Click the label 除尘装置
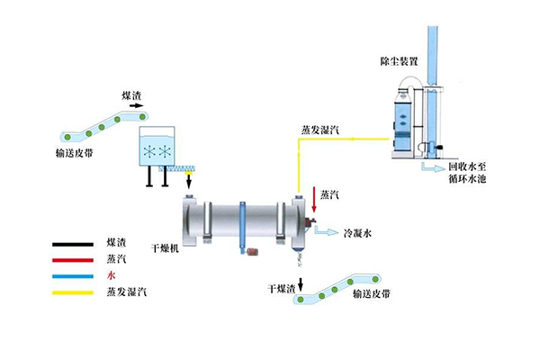click(400, 62)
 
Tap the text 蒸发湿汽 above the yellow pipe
click(319, 130)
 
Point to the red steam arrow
click(314, 200)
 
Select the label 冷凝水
click(357, 233)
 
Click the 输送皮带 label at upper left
click(73, 154)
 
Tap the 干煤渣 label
click(283, 289)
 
